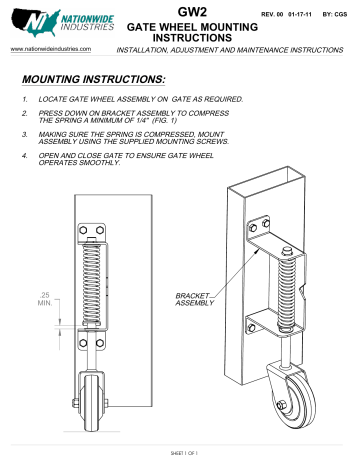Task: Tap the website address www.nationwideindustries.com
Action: click(x=51, y=47)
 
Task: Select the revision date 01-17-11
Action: click(x=303, y=12)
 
